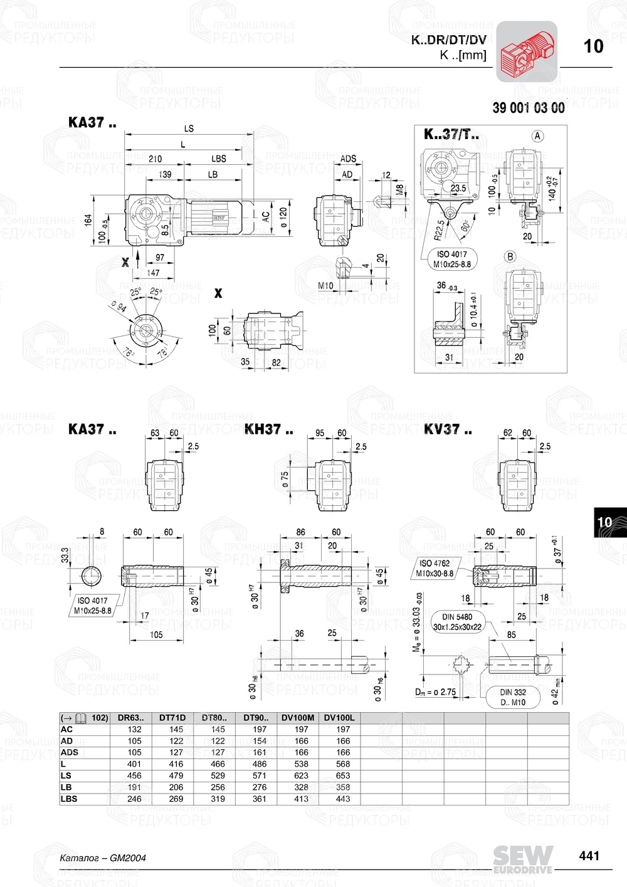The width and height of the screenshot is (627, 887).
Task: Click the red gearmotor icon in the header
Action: click(527, 51)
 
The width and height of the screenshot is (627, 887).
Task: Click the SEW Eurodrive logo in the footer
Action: click(523, 859)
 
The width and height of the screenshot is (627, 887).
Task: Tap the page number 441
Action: click(589, 856)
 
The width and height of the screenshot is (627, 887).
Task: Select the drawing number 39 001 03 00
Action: click(528, 108)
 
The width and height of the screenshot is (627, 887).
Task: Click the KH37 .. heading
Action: click(268, 429)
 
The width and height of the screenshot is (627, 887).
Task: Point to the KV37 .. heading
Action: click(448, 429)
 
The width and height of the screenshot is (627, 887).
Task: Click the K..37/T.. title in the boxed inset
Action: click(451, 134)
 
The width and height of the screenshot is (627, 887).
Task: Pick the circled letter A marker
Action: click(537, 135)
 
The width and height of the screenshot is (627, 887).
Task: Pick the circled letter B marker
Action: click(510, 256)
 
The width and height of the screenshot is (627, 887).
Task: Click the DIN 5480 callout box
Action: click(458, 622)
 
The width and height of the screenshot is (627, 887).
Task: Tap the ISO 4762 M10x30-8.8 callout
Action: click(435, 568)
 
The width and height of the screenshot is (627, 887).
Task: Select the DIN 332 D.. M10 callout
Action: click(514, 697)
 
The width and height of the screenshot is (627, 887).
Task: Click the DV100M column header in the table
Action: click(298, 718)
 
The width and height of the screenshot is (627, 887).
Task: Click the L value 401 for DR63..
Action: click(134, 764)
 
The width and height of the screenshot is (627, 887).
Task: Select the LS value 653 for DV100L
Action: click(343, 775)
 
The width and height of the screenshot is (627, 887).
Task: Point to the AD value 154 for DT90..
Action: click(260, 741)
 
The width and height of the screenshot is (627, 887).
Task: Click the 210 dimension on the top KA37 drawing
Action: click(155, 159)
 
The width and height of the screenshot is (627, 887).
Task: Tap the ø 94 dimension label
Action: click(118, 307)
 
